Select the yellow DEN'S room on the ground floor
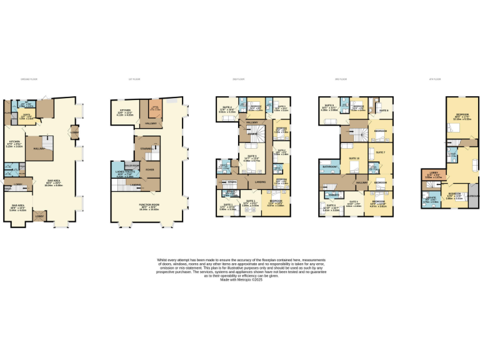coord(27,116)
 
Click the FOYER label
coord(150,169)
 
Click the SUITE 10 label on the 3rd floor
coord(354,159)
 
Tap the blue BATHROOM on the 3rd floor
coord(330,167)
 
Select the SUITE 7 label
coord(379,152)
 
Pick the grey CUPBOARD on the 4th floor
coord(474,196)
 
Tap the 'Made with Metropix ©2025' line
coord(239,279)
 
